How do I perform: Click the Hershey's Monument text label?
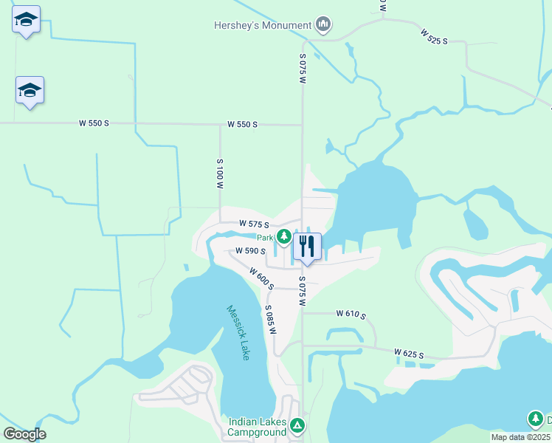point(263,25)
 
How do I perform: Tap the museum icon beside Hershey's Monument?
point(323,25)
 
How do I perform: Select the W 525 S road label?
point(435,37)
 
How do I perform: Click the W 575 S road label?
point(254,224)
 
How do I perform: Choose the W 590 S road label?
point(250,251)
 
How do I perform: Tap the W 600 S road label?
point(261,278)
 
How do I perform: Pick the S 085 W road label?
point(270,319)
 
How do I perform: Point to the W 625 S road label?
point(409,354)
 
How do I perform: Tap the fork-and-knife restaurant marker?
point(307,246)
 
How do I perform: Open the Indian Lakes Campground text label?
point(257,427)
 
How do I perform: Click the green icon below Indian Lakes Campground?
point(297,425)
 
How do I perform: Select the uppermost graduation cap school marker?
point(27,20)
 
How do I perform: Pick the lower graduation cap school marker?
point(30,91)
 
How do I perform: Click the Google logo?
point(24,434)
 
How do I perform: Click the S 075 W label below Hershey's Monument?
point(303,68)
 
